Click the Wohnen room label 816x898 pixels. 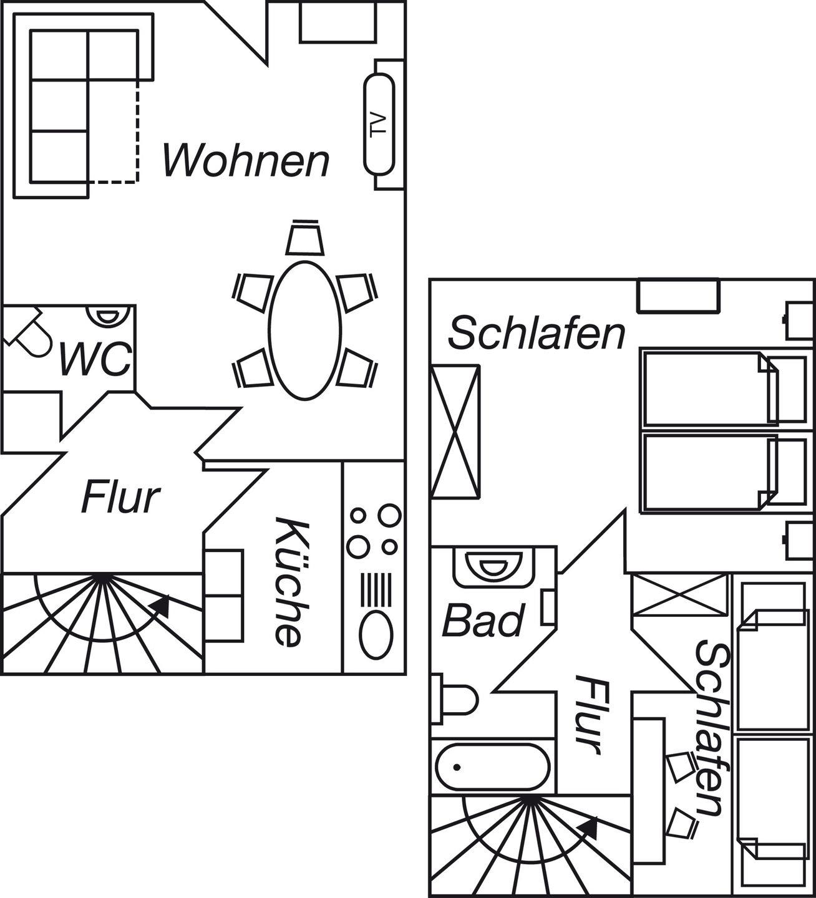point(246,160)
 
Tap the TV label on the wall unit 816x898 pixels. point(379,126)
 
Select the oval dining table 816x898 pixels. point(306,330)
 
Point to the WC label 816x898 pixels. point(95,359)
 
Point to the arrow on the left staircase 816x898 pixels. point(160,604)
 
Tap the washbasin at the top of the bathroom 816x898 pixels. point(493,566)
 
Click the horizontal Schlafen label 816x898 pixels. point(537,334)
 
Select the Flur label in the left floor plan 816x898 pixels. point(120,497)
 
